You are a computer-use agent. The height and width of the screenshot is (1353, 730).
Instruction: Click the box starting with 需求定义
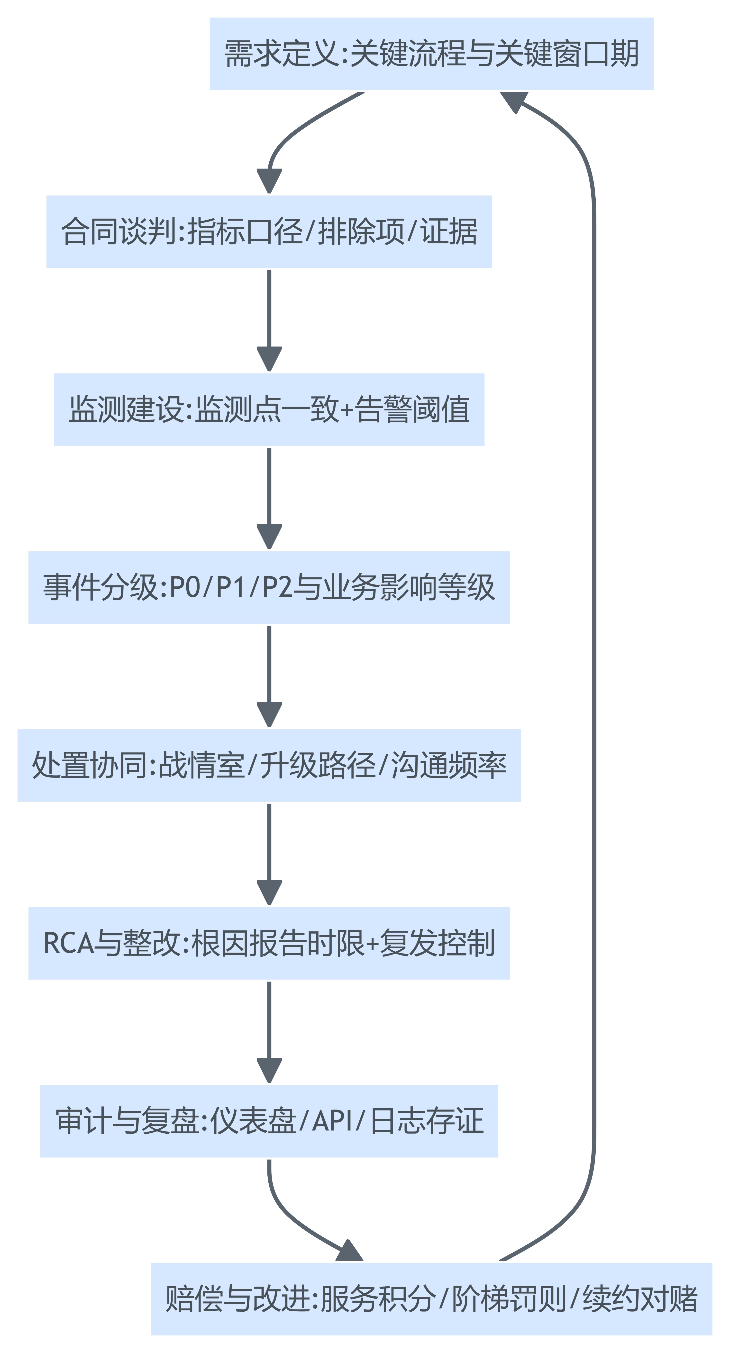(431, 54)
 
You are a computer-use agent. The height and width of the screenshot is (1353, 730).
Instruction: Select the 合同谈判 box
(269, 232)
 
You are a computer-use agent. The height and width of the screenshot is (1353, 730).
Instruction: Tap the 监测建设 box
(269, 410)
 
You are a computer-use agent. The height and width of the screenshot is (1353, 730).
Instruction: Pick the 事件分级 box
(269, 587)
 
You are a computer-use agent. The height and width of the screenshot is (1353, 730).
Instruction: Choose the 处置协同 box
(269, 765)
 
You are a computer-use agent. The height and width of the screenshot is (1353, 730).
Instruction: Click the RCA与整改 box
(269, 943)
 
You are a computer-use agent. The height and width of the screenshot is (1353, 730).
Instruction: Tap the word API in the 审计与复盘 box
(332, 1121)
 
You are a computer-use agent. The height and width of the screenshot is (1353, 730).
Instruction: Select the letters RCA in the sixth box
(68, 943)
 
